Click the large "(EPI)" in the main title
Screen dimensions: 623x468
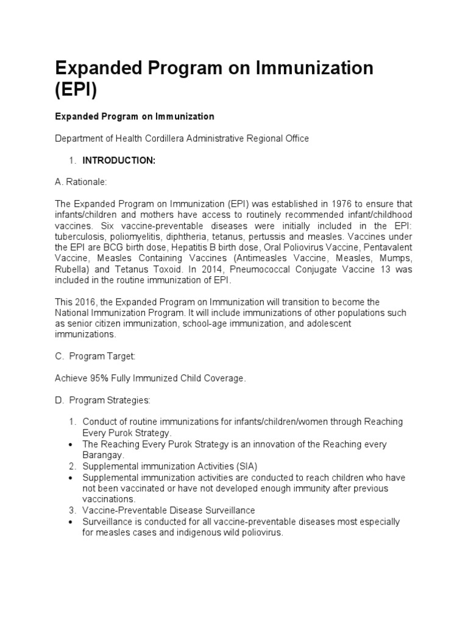tap(76, 89)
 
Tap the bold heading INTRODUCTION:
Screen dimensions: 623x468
tap(119, 161)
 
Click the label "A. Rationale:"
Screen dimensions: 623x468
tap(80, 181)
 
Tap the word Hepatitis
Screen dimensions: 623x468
tap(167, 248)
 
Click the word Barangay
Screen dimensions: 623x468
tap(103, 455)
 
